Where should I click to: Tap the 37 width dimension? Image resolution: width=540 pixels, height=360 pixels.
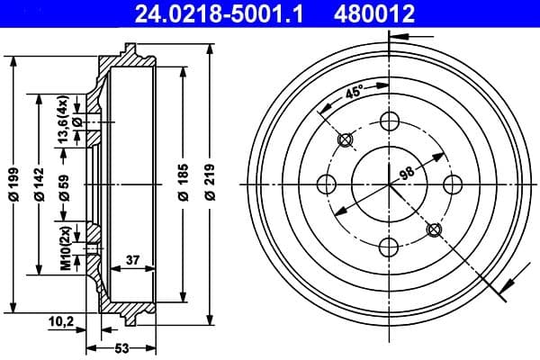pos(133,260)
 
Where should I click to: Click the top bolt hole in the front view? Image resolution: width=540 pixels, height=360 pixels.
pos(390,122)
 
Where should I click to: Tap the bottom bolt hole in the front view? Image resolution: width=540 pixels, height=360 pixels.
pos(390,247)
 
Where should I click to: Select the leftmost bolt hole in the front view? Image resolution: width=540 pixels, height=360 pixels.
pos(328,184)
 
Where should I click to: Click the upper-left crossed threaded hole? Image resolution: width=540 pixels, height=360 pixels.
pos(346,140)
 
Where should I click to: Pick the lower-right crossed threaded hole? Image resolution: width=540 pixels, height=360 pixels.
pos(434,229)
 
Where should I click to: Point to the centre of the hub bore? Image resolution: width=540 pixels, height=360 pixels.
pos(390,184)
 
